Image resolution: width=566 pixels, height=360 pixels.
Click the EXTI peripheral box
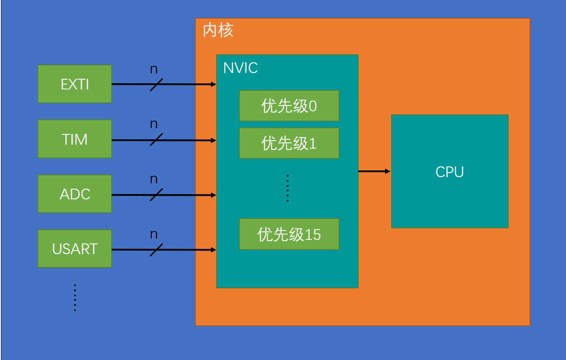click(x=74, y=84)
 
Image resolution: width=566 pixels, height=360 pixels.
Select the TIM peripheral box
click(x=74, y=139)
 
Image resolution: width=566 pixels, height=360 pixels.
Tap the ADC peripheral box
click(x=74, y=194)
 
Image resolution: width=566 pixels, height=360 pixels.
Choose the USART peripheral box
click(x=74, y=248)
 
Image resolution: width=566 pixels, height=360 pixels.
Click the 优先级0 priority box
click(x=289, y=105)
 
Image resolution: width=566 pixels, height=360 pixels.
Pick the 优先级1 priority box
click(x=289, y=143)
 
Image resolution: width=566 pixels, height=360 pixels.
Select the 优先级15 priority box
click(x=289, y=234)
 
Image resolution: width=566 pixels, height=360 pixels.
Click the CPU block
click(x=449, y=171)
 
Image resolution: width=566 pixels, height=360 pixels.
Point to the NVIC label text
click(x=240, y=68)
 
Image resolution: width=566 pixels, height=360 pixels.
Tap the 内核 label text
click(x=218, y=30)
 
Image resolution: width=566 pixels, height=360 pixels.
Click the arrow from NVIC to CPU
click(x=374, y=171)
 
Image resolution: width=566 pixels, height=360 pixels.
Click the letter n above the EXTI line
click(x=154, y=69)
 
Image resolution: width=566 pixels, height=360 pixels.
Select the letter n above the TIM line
click(x=154, y=124)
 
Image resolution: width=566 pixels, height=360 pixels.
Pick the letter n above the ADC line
click(x=154, y=179)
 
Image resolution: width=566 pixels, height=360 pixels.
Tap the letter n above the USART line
click(x=154, y=234)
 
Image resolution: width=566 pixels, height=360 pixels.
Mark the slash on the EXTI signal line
click(x=156, y=85)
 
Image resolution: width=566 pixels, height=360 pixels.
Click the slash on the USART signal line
click(x=156, y=250)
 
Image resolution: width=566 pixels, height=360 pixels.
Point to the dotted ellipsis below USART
click(x=75, y=297)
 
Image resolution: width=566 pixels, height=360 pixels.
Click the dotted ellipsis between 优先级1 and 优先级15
click(x=287, y=188)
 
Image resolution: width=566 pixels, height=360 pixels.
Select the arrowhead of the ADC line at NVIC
click(x=214, y=195)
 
